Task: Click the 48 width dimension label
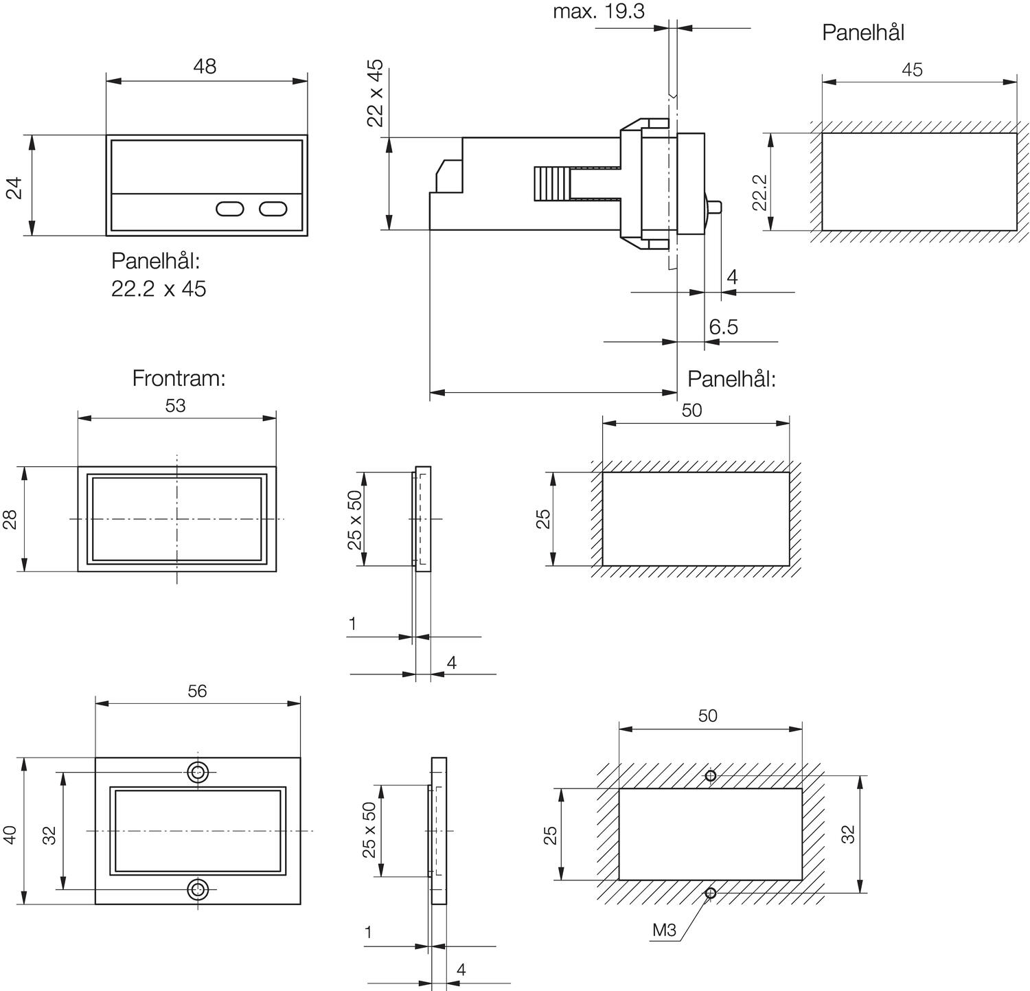205,67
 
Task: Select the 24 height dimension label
14,187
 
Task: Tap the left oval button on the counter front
229,209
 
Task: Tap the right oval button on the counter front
273,209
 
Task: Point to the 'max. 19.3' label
599,12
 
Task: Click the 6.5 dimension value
723,327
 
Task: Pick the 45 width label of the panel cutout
912,70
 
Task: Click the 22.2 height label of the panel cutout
759,192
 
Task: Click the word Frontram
179,378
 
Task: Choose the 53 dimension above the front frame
175,406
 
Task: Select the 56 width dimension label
197,691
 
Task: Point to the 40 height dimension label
10,835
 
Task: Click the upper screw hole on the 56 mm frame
198,772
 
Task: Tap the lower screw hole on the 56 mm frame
198,889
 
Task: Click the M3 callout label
664,931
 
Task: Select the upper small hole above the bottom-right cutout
711,776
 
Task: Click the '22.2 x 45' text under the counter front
159,289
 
